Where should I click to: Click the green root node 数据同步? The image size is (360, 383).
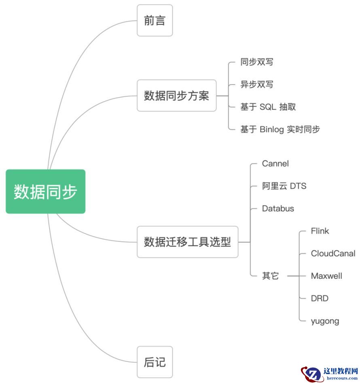45,191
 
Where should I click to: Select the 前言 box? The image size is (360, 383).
155,21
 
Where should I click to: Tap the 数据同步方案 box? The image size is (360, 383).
176,96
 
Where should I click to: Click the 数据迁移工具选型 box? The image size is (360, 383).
187,242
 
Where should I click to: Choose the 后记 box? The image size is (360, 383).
155,362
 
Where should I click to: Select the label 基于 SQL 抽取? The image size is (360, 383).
268,107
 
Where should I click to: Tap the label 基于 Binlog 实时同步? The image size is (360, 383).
280,129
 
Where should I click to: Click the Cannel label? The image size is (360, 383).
275,164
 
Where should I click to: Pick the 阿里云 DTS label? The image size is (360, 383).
284,186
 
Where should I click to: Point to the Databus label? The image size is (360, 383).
278,208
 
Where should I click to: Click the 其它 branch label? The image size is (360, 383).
270,276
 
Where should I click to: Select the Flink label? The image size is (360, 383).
320,231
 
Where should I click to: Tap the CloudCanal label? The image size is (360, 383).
333,253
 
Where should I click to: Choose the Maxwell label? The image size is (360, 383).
326,276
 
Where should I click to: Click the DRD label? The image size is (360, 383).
319,299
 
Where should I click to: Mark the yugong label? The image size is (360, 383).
324,321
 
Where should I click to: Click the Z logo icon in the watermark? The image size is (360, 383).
311,373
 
